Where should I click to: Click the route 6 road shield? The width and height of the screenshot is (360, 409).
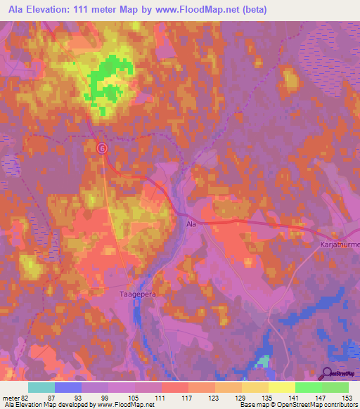(102, 148)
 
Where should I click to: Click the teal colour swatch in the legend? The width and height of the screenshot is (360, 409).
(41, 387)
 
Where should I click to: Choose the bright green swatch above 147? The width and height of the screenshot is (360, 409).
(308, 387)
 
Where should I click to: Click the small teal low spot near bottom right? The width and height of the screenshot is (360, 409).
(262, 361)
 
